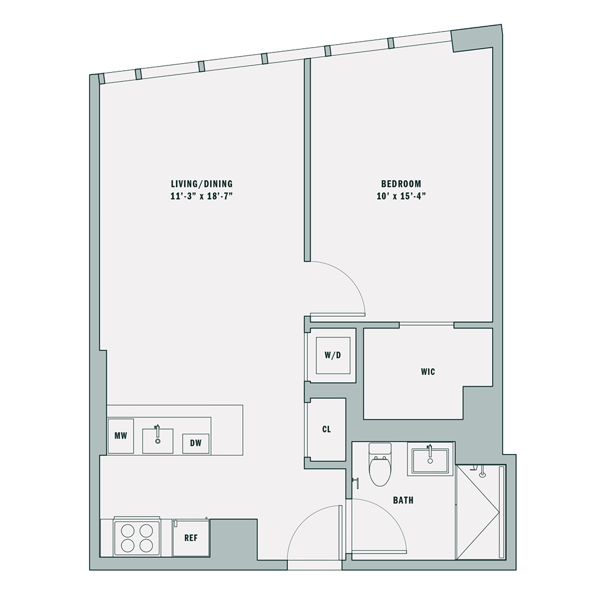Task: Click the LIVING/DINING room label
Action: tap(202, 184)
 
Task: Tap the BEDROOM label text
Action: tap(401, 184)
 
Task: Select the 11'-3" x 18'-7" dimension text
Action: tap(202, 196)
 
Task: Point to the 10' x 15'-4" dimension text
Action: tap(401, 196)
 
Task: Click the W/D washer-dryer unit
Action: tap(333, 355)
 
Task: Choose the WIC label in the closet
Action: tap(428, 372)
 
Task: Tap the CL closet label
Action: tap(326, 429)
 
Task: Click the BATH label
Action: tap(403, 500)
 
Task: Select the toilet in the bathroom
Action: tap(380, 465)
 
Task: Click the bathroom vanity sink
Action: tap(430, 459)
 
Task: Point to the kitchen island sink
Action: tap(158, 440)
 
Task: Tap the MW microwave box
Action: tap(121, 436)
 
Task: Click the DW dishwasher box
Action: tap(196, 443)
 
